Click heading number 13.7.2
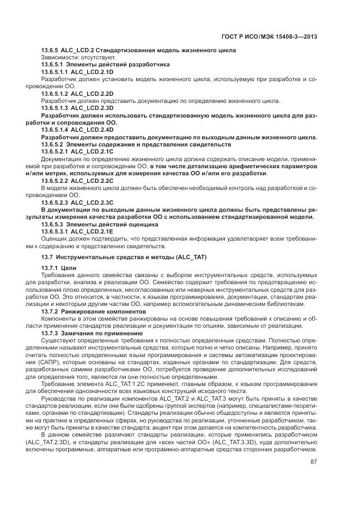click(x=51, y=311)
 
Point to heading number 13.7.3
click(x=51, y=333)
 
